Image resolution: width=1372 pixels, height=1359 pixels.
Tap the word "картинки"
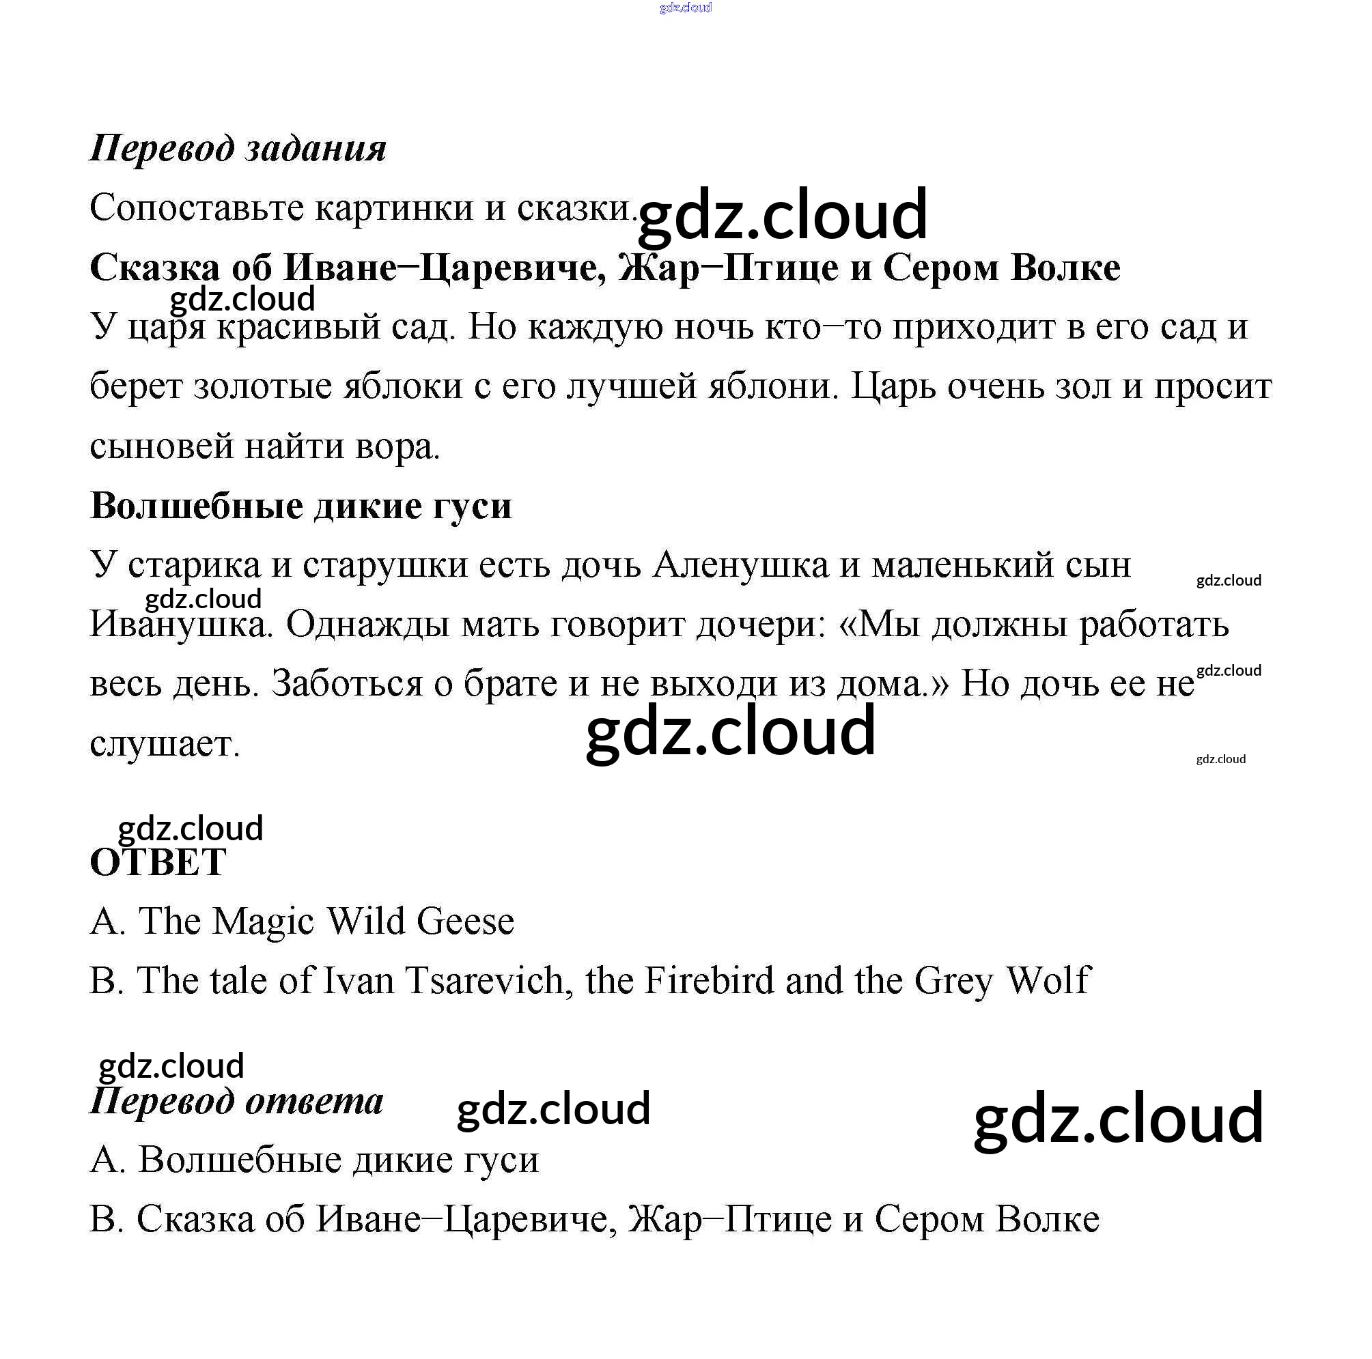click(393, 209)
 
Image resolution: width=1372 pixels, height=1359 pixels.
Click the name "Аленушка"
click(740, 566)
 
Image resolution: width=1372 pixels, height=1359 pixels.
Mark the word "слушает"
click(165, 745)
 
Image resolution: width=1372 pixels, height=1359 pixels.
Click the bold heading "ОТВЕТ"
click(158, 863)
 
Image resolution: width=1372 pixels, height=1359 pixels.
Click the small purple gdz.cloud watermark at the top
click(685, 8)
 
